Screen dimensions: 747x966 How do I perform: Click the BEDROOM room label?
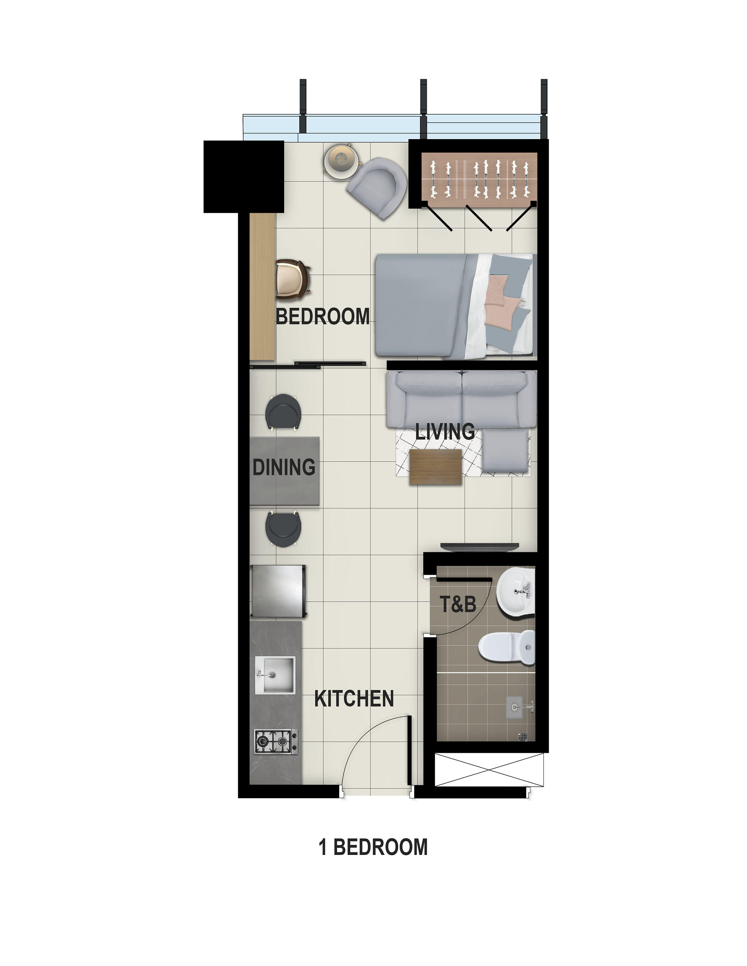[x=323, y=317]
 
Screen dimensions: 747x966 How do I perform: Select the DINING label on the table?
[x=284, y=467]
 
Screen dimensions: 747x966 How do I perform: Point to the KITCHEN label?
[x=354, y=699]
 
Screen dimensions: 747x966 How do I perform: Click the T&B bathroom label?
[x=458, y=604]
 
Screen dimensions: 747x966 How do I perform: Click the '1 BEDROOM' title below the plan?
[x=373, y=847]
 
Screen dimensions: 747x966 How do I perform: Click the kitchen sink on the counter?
[x=275, y=675]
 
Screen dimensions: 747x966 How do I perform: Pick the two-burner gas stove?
[x=276, y=741]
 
